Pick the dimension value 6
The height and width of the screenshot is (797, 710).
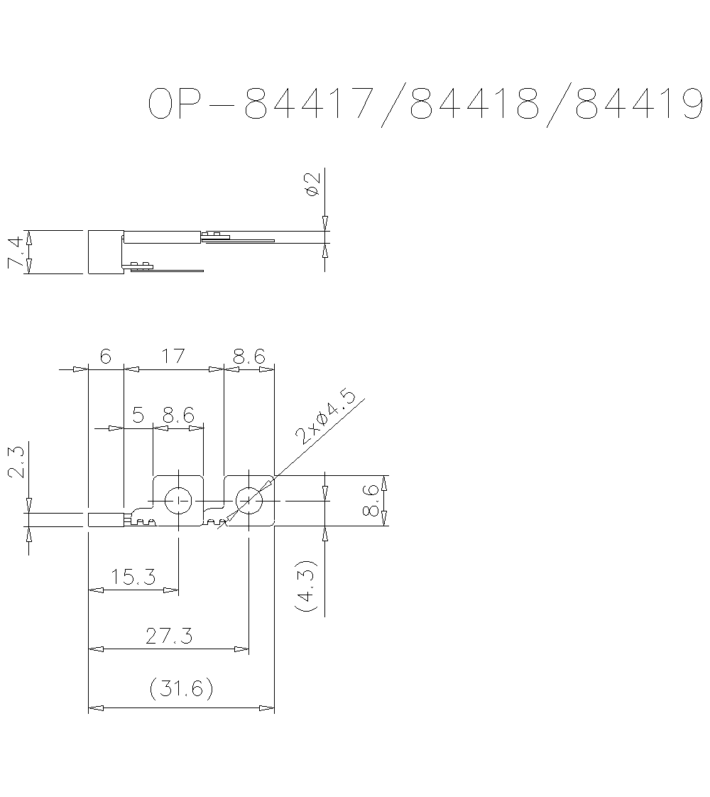tap(105, 356)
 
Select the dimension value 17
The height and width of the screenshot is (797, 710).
tap(173, 356)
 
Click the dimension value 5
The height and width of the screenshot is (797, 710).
tap(138, 415)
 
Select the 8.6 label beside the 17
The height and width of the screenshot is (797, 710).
tap(248, 356)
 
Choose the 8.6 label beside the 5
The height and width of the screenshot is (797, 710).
tap(178, 415)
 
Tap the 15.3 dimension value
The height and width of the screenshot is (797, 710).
tap(133, 576)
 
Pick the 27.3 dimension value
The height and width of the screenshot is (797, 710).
tap(168, 636)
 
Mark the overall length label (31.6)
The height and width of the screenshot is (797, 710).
tap(181, 688)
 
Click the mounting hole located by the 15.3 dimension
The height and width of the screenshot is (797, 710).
tap(178, 501)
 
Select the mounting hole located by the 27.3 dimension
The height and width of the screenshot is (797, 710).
tap(248, 501)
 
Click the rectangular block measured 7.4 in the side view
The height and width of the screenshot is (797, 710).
tap(105, 251)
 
